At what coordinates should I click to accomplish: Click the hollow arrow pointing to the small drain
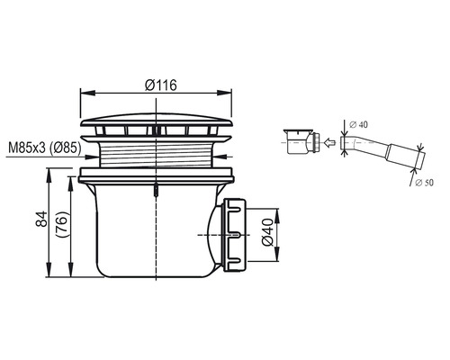click(329, 142)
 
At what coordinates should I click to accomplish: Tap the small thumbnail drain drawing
click(300, 141)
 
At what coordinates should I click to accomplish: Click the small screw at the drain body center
click(156, 190)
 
